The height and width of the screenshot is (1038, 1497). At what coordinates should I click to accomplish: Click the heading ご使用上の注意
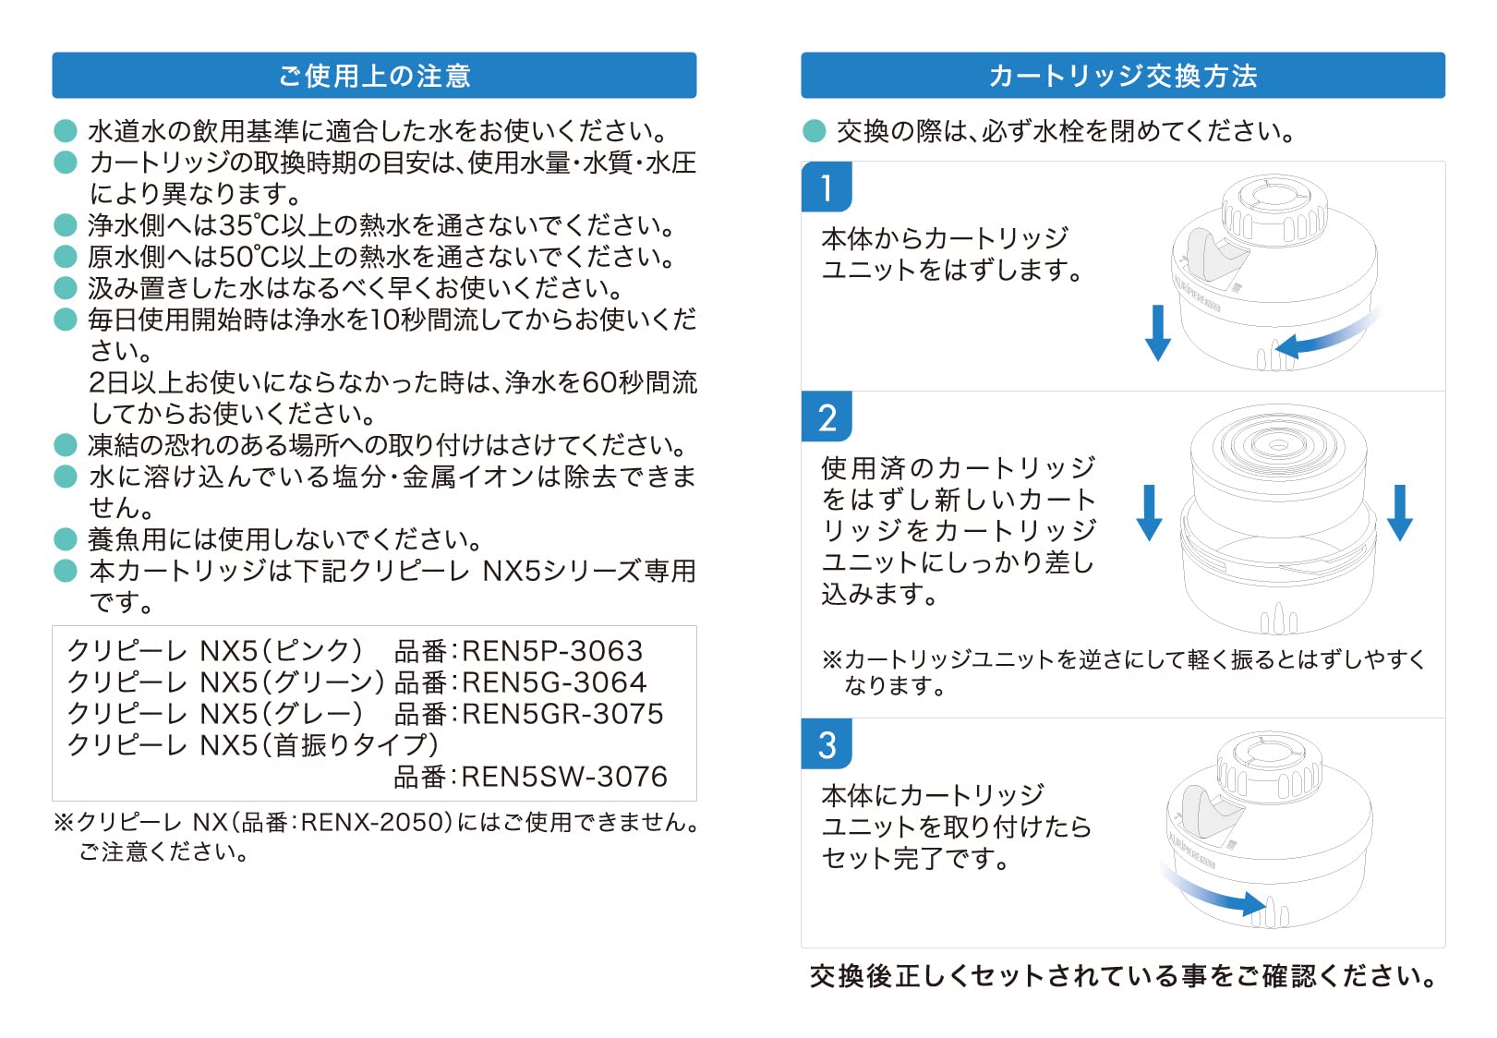coord(374,76)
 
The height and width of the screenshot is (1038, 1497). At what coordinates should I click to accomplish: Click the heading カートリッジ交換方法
coord(1123,76)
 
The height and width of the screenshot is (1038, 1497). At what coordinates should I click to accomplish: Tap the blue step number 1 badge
coord(827,187)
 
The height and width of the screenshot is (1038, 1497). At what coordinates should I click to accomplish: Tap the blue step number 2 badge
coord(827,416)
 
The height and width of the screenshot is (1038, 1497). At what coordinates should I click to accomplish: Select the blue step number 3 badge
coord(827,744)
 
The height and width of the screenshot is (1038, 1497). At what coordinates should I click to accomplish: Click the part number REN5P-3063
coord(552,651)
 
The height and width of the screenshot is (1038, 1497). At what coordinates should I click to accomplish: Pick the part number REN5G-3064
coord(554,682)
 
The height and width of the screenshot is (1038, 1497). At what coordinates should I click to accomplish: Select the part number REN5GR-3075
coord(562,714)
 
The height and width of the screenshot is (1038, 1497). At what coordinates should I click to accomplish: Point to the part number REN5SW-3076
coord(564,777)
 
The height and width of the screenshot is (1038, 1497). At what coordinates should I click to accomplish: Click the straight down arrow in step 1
coord(1157,332)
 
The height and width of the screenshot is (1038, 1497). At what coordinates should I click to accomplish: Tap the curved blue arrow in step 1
coord(1326,335)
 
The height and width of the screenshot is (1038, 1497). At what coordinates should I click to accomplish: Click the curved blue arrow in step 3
coord(1213,892)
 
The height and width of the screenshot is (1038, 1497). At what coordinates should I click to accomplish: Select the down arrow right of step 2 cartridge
coord(1399,513)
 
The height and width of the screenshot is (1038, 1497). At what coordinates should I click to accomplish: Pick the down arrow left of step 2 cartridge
coord(1149,513)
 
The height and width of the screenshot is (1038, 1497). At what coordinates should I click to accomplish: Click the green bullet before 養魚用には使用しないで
coord(66,538)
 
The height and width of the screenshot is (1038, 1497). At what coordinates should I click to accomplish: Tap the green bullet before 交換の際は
coord(814,131)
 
